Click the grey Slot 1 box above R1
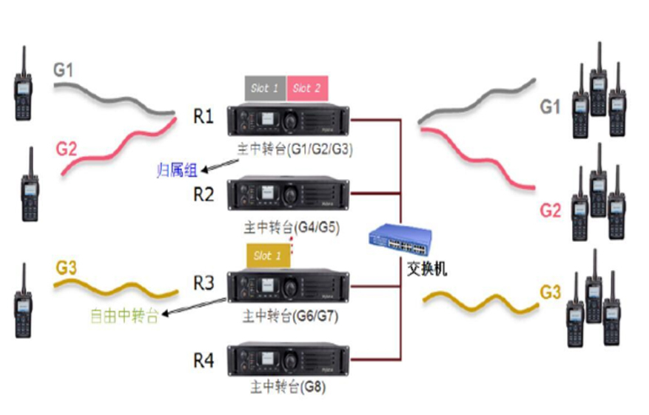[265, 88]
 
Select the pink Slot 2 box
[307, 88]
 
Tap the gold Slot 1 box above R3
[268, 256]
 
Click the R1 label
[204, 116]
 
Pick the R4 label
[204, 361]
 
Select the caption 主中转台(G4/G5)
[292, 226]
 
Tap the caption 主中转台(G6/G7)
[292, 316]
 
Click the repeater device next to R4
[289, 360]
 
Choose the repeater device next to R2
[289, 194]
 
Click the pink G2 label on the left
[66, 148]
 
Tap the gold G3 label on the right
[550, 291]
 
